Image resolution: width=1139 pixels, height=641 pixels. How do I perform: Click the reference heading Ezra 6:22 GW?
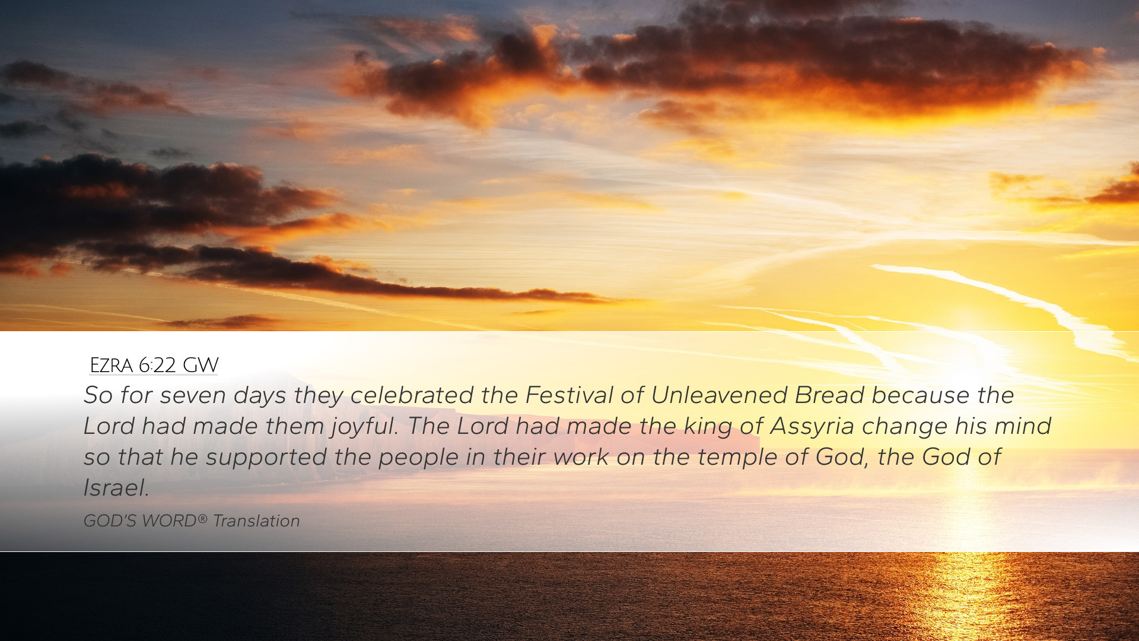pos(154,365)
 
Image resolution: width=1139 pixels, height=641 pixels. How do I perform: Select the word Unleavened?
pos(719,395)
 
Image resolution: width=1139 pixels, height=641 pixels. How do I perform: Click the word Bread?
pos(829,395)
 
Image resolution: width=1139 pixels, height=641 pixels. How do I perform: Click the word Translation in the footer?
pos(256,521)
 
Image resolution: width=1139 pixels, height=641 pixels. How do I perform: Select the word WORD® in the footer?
pos(174,521)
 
